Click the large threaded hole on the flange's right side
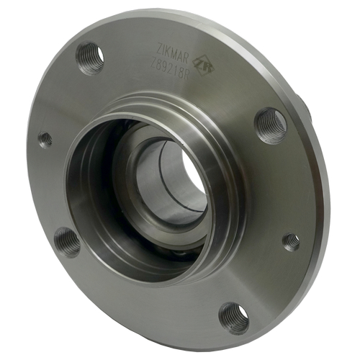tap(271, 125)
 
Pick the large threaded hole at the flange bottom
tap(234, 318)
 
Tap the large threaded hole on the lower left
tap(68, 242)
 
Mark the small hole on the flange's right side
tap(291, 241)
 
